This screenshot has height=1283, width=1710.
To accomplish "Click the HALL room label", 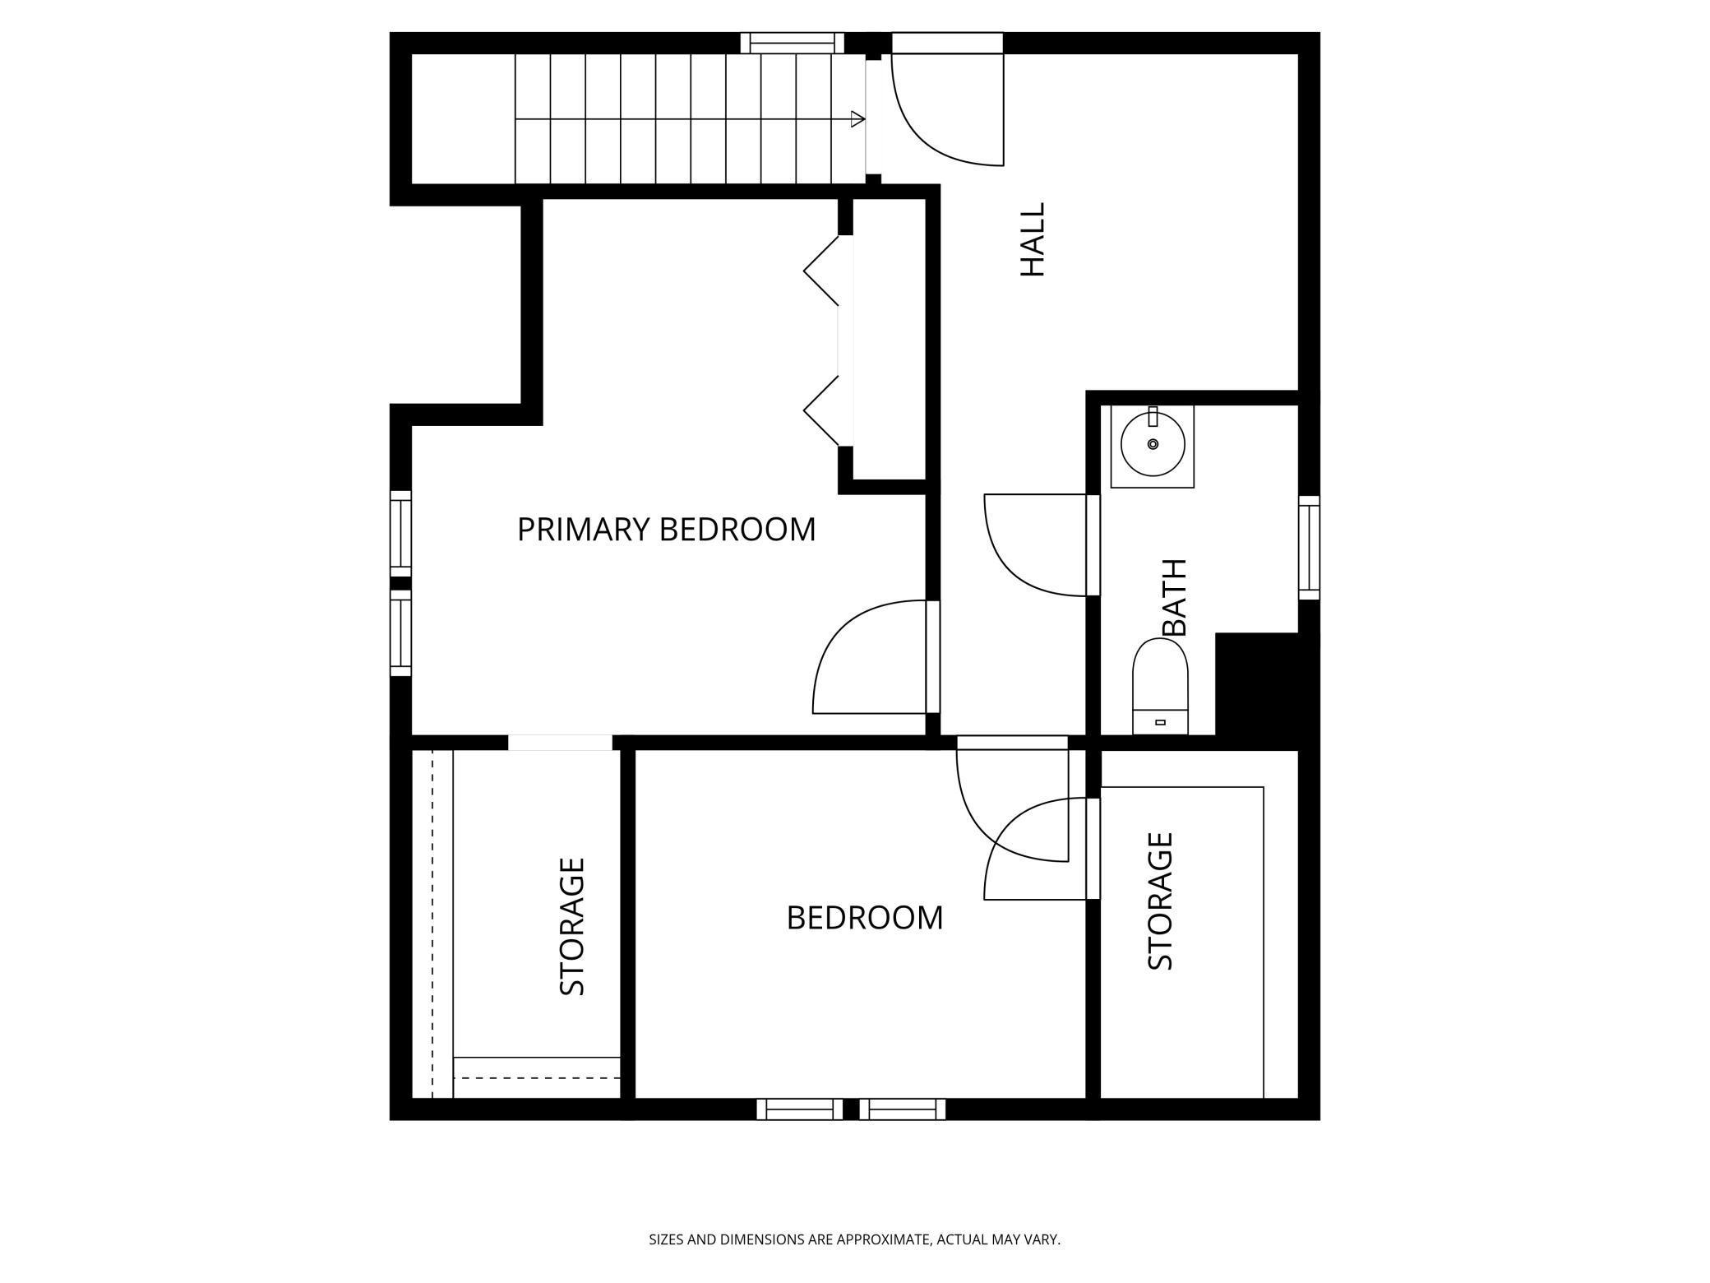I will point(1032,239).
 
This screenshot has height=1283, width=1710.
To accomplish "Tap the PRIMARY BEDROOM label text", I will point(666,529).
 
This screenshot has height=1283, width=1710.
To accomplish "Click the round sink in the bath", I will point(1153,444).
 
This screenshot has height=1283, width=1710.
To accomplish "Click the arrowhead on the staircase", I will point(857,119).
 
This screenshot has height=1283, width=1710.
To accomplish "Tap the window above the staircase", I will point(792,43).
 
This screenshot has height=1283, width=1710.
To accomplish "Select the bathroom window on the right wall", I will point(1309,548).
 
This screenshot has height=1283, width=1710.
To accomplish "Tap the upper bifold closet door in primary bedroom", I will point(820,270).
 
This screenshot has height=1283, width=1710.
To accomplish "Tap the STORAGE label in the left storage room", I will point(572,926).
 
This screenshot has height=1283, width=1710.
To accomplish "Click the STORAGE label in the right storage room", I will point(1160,901).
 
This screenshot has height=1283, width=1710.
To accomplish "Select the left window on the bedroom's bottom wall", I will point(799,1109).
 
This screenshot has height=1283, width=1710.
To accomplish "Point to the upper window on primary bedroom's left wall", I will point(400,533).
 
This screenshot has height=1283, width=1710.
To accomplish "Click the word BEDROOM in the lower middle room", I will point(864,918).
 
